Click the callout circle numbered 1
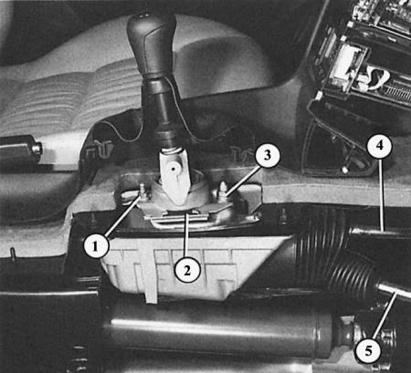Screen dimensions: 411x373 click(x=96, y=245)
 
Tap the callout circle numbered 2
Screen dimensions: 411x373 click(x=187, y=270)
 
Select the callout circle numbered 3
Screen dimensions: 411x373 click(x=267, y=155)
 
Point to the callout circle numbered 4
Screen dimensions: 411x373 click(x=379, y=145)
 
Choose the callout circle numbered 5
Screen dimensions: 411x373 click(x=368, y=350)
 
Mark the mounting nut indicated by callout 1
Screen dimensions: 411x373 click(x=142, y=193)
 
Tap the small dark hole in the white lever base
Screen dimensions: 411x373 click(x=174, y=168)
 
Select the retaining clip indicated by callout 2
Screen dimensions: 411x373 click(x=176, y=215)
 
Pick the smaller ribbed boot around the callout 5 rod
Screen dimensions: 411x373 click(x=353, y=275)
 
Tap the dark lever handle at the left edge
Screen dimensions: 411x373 click(x=20, y=148)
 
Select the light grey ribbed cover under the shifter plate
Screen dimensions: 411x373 click(x=195, y=267)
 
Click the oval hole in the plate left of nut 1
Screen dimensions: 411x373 click(x=125, y=195)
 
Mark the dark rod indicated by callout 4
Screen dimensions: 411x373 click(x=381, y=233)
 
